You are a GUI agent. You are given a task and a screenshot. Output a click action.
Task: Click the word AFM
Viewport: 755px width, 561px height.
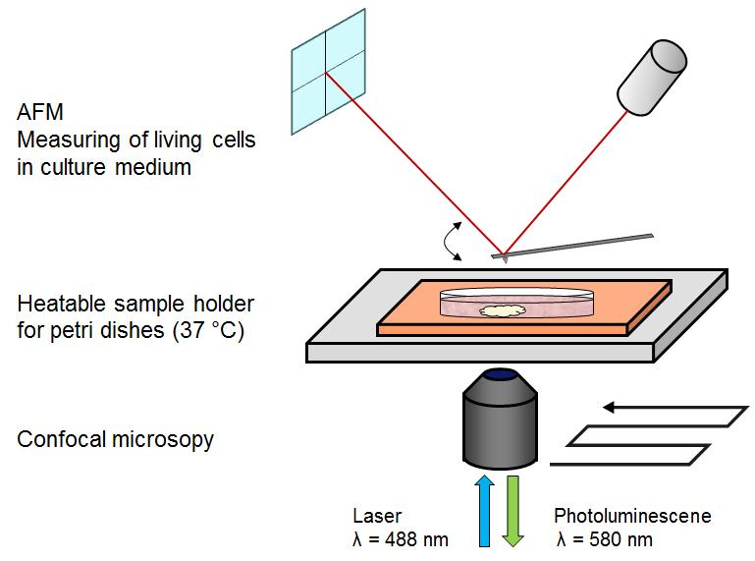40,112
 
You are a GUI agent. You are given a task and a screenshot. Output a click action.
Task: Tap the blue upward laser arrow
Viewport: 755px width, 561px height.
484,511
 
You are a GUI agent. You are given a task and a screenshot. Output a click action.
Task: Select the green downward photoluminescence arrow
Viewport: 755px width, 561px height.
513,511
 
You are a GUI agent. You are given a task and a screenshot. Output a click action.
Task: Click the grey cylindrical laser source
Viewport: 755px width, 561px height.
652,78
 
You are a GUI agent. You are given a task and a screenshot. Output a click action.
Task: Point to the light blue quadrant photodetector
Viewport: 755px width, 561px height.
328,72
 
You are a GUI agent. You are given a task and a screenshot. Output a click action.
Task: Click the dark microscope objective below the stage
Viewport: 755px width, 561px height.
500,419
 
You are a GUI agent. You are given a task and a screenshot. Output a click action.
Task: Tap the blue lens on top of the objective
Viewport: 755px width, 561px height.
500,374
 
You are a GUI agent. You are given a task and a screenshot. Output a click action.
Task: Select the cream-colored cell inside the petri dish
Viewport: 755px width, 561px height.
501,311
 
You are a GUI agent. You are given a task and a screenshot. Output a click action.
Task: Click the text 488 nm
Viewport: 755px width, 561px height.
416,539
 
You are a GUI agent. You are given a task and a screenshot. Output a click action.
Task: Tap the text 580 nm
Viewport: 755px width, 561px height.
620,539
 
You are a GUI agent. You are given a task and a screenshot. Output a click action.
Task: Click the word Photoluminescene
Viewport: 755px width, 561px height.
632,516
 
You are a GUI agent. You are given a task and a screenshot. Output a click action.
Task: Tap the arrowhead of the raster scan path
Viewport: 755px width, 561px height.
609,408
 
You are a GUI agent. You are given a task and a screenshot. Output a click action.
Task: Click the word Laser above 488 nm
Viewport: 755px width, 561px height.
377,516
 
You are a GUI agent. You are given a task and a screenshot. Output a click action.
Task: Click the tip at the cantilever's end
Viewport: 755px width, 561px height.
505,259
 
